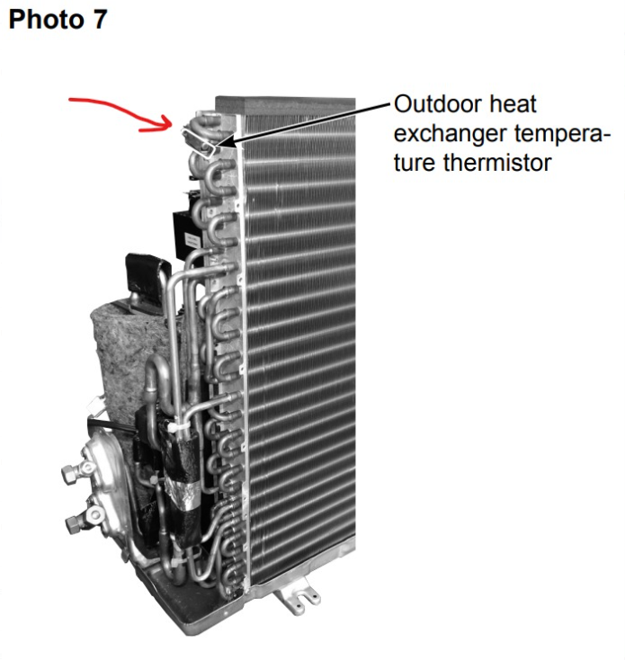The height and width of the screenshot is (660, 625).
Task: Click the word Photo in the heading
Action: (x=46, y=20)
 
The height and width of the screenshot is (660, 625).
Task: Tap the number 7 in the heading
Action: (x=100, y=20)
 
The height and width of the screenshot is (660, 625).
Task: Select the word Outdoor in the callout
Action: (x=438, y=104)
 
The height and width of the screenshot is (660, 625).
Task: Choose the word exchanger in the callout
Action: (x=449, y=133)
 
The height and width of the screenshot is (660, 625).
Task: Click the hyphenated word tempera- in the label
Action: (x=562, y=134)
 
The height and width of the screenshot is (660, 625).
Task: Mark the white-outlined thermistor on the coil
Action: (x=199, y=141)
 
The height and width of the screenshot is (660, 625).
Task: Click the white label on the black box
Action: (x=192, y=241)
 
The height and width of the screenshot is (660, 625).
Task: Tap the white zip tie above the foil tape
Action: (x=176, y=426)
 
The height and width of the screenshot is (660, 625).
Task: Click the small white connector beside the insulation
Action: (x=94, y=406)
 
